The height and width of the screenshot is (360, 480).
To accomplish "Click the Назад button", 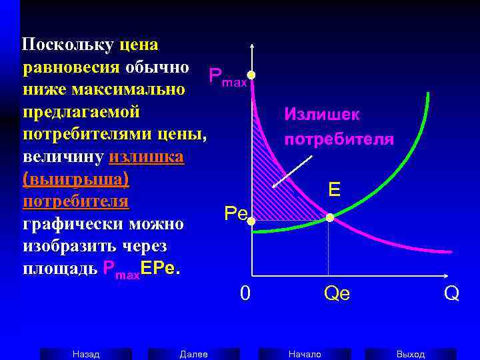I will (85, 354).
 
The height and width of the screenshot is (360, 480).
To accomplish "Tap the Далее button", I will (193, 354).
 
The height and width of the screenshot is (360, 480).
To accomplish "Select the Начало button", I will (305, 354).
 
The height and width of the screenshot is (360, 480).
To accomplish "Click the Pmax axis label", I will (227, 77).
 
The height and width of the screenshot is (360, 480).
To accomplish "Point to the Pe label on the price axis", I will (235, 213).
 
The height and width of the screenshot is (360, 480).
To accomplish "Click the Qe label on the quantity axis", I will (336, 294).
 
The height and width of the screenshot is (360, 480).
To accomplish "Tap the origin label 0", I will (245, 293).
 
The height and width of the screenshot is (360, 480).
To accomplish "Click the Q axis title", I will (451, 293).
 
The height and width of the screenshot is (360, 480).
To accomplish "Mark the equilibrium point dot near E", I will (329, 218).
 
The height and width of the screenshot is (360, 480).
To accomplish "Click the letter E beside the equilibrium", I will (334, 190).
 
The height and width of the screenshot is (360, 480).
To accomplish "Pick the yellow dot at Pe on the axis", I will (252, 219).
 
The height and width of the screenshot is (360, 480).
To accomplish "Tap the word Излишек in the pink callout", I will (322, 115).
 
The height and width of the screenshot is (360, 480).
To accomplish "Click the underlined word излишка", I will (145, 157).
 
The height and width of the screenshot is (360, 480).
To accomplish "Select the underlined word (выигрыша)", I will (75, 179).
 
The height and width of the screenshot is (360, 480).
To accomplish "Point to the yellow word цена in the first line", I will (139, 45).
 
